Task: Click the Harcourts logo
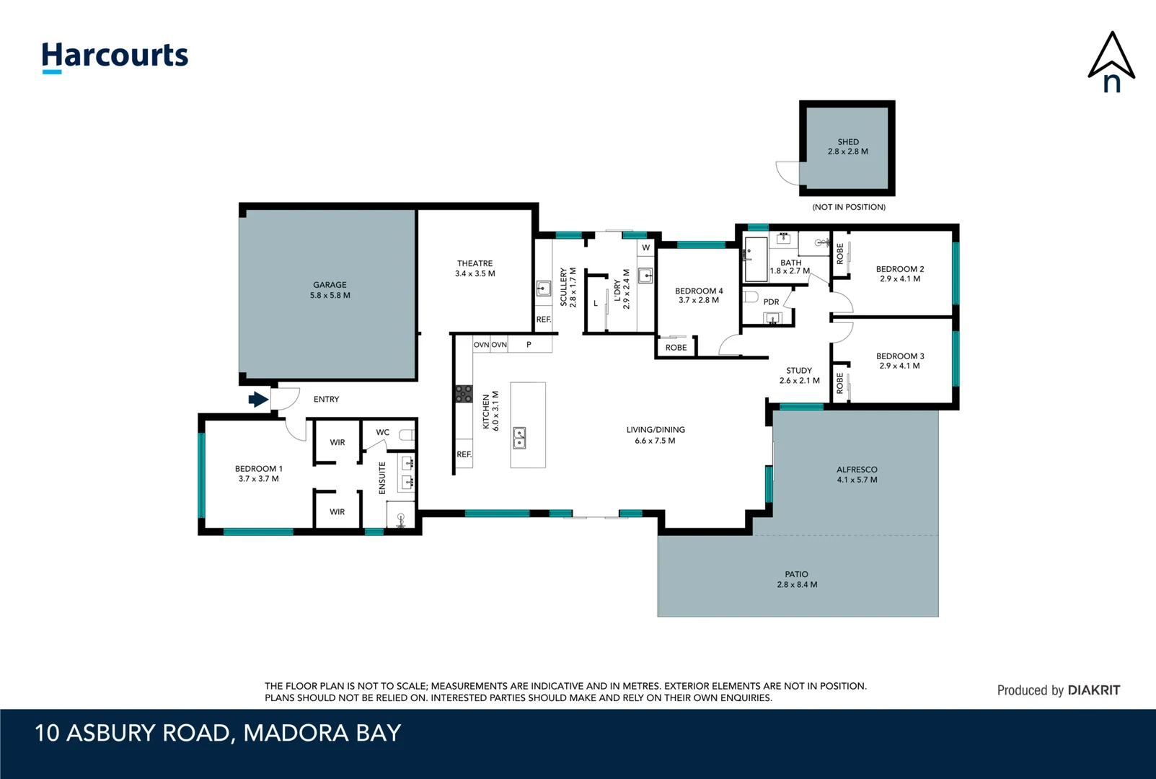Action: tap(115, 57)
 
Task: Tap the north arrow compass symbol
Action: tap(1111, 62)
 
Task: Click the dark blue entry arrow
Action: tap(259, 399)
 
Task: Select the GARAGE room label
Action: tap(330, 284)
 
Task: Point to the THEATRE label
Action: tap(475, 263)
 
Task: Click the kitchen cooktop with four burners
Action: tap(464, 394)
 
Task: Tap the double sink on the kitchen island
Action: tap(519, 438)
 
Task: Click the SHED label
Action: tap(848, 141)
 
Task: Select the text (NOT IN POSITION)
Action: tap(849, 207)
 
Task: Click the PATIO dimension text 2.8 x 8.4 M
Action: tap(797, 584)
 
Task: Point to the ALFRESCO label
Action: tap(857, 470)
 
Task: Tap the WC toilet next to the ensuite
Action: tap(407, 435)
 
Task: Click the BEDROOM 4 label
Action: tap(699, 291)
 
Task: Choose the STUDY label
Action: tap(799, 370)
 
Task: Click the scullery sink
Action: tap(544, 288)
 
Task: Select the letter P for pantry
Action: tap(529, 344)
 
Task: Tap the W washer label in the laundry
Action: tap(645, 248)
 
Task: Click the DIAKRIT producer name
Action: tap(1093, 690)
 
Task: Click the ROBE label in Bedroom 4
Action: tap(676, 348)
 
